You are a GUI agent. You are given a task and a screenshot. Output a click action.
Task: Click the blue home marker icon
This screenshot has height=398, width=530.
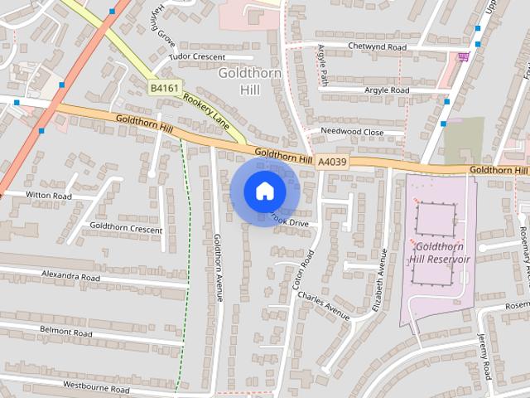click(x=264, y=191)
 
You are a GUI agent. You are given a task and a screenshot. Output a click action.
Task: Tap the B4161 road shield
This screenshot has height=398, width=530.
click(x=165, y=87)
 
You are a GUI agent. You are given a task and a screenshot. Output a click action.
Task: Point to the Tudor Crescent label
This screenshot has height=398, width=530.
click(x=197, y=56)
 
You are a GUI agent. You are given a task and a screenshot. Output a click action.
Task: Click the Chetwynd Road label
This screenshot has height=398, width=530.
click(x=377, y=47)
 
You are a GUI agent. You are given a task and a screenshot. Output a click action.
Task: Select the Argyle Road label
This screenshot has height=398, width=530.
click(x=375, y=90)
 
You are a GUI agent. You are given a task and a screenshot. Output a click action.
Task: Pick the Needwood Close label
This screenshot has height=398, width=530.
click(x=352, y=132)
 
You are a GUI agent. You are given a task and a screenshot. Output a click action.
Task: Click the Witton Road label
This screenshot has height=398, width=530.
click(x=49, y=196)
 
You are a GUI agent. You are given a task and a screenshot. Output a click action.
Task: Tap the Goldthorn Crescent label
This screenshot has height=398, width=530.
click(x=126, y=226)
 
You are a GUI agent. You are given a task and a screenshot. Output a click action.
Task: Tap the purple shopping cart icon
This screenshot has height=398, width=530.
click(x=464, y=56)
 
